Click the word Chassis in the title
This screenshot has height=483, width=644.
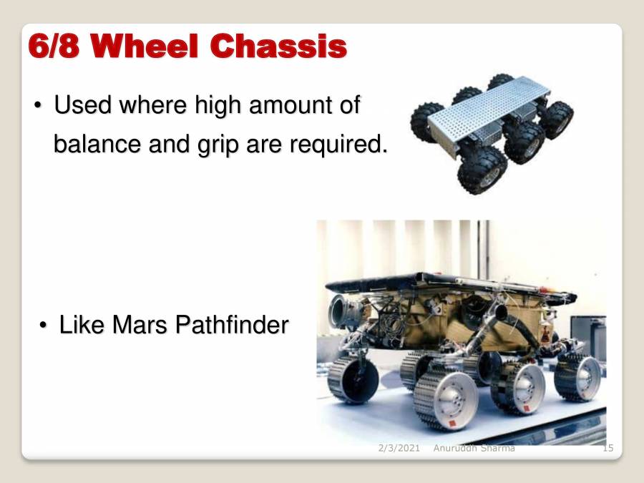coord(279,46)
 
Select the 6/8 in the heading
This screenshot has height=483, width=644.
coord(54,46)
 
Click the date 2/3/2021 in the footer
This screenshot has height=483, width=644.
coord(399,448)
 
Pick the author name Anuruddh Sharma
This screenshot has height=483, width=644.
coord(474,448)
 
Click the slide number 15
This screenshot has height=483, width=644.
coord(608,448)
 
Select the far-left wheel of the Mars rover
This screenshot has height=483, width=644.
coord(352,379)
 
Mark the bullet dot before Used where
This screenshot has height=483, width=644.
coord(39,107)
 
